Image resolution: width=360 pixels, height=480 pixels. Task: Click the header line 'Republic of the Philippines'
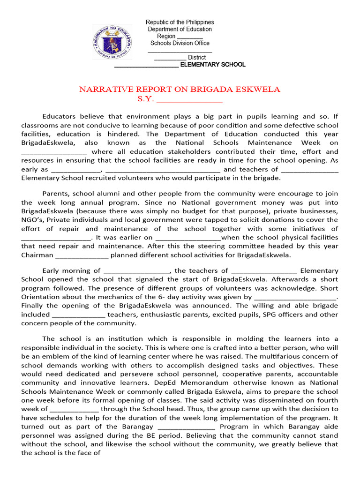180,22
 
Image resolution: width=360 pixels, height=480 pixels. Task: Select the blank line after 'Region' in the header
190,37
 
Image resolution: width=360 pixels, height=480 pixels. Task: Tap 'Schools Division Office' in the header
180,43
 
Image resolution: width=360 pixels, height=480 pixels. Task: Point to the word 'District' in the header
196,57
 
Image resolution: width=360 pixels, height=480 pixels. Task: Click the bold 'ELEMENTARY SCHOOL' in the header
213,64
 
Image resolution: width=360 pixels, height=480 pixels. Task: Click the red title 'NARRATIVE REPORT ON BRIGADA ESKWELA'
180,90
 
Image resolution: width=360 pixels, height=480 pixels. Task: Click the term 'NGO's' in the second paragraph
32,220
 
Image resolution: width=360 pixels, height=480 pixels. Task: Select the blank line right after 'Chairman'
82,255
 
